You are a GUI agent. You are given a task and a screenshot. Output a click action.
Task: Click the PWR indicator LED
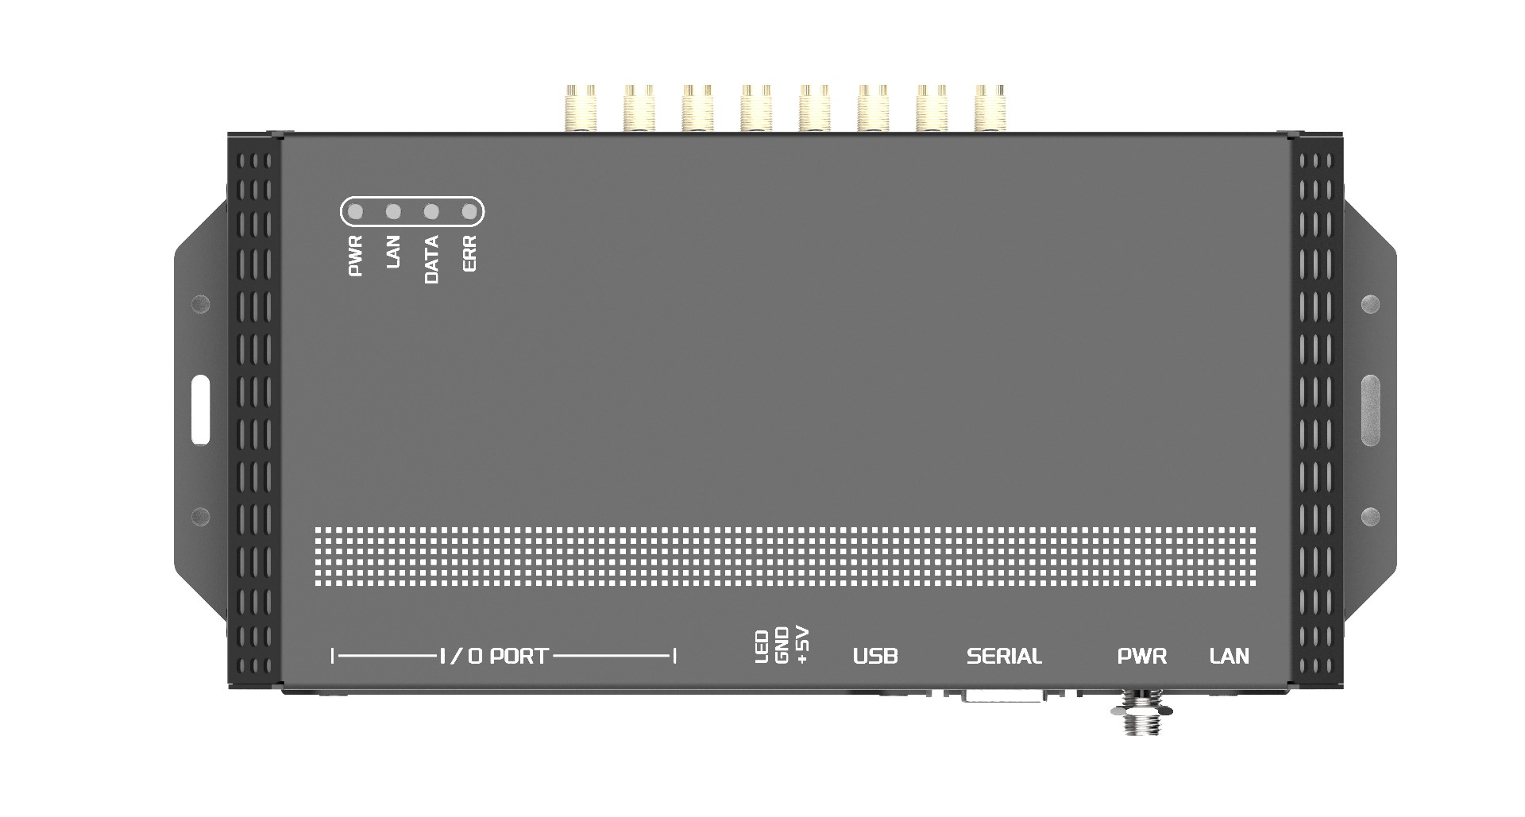coord(356,212)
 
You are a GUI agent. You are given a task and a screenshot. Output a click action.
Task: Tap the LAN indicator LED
coord(393,212)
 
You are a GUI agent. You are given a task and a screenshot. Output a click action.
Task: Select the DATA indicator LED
coord(431,212)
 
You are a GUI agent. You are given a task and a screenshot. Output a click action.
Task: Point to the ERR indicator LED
coord(469,212)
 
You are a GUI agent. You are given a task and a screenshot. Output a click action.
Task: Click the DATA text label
coord(431,260)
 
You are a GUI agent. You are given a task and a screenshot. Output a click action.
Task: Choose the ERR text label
coord(469,254)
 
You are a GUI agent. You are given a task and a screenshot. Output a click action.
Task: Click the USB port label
coord(875,657)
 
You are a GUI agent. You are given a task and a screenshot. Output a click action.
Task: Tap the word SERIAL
coord(1004,657)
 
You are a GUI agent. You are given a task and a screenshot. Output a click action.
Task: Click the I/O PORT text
coord(493,657)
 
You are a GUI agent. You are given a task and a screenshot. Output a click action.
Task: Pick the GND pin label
coord(782,646)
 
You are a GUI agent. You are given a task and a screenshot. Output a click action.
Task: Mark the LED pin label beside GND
coord(761,647)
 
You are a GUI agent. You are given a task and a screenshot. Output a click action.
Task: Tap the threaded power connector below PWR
coord(1141,712)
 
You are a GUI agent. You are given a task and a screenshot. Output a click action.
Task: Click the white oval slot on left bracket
coord(200,410)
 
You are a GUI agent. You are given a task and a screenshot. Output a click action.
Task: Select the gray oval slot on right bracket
coord(1370,410)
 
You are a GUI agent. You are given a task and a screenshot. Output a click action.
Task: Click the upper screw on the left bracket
coord(200,303)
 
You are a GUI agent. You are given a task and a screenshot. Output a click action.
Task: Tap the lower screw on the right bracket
coord(1370,517)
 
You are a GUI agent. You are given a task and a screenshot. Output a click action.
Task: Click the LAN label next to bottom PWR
coord(1229,657)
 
